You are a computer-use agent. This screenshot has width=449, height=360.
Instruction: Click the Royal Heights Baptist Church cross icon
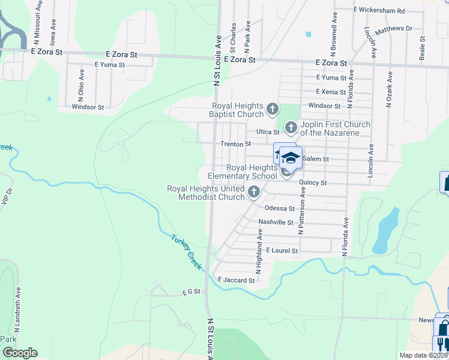273,109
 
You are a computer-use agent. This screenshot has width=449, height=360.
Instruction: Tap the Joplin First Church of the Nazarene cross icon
291,127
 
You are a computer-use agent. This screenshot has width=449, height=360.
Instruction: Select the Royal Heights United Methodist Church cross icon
253,192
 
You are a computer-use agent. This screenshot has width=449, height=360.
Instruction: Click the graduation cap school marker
291,158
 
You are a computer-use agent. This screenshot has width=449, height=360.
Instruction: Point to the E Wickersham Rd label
379,11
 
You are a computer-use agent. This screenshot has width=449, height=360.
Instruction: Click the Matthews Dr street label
394,29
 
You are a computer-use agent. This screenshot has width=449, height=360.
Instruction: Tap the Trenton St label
235,144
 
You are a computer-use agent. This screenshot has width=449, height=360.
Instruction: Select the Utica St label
268,131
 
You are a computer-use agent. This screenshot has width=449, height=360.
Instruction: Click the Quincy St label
315,182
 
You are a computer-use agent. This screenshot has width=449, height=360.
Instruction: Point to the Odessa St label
280,209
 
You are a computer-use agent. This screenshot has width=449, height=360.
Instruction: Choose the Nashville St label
275,222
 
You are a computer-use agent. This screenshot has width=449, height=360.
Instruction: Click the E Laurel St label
282,250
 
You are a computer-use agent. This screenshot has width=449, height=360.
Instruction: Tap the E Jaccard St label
237,280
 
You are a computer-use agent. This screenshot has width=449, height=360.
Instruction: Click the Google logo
20,353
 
